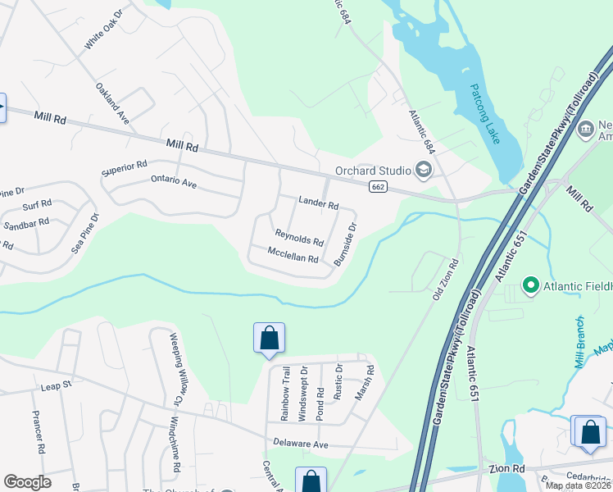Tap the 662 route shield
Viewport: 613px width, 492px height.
(x=378, y=187)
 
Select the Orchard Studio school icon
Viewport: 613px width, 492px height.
(x=424, y=170)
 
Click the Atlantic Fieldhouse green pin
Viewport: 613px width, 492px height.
(x=530, y=286)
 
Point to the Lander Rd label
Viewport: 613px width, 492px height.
(x=319, y=203)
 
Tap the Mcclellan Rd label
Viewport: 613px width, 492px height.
(x=293, y=257)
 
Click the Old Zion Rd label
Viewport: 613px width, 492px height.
(x=447, y=278)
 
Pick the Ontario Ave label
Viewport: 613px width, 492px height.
(x=174, y=182)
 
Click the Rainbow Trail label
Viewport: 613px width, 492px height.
(x=286, y=394)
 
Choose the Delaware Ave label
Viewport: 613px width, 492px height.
(x=300, y=444)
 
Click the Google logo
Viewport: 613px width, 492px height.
(x=27, y=482)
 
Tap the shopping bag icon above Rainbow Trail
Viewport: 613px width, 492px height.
(x=269, y=338)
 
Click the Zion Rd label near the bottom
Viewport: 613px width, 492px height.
(x=507, y=468)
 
